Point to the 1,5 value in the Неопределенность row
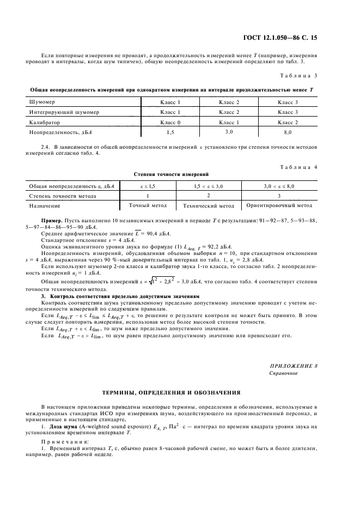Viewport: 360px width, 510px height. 170,132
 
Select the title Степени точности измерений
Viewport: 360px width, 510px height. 172,174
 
